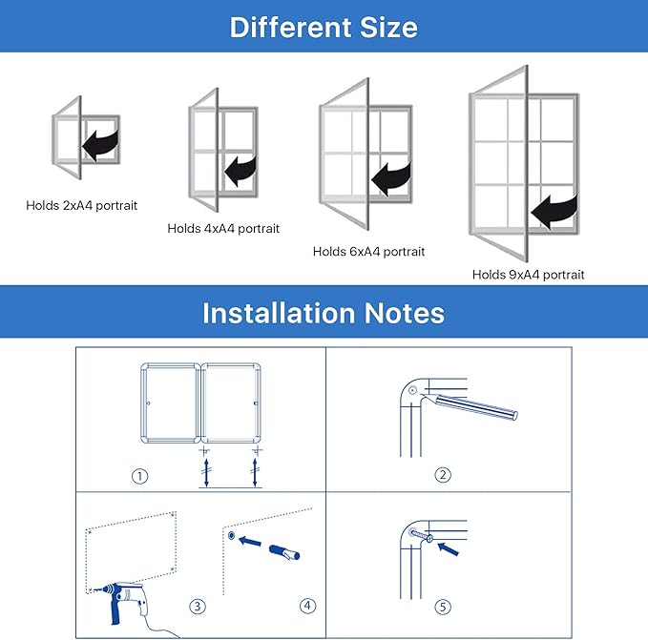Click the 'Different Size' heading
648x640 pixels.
324,27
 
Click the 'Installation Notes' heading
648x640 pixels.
324,313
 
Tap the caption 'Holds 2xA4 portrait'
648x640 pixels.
81,205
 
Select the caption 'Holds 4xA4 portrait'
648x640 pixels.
223,229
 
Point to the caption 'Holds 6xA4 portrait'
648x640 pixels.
368,252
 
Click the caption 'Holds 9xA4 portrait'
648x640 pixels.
528,275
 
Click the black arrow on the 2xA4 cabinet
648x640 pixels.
99,145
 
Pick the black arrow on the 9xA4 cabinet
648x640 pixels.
555,210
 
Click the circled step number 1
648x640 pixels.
140,476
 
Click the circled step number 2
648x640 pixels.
443,475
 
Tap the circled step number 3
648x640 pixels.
198,606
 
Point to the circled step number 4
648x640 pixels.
307,606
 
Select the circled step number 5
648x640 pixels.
443,607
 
